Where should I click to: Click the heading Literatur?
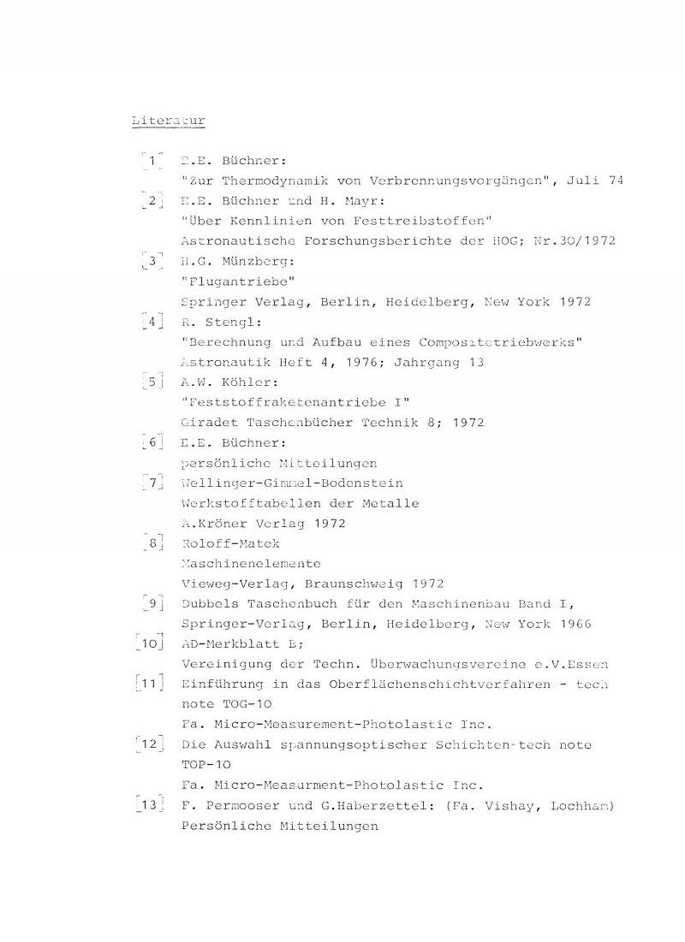(168, 121)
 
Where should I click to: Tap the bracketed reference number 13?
(149, 805)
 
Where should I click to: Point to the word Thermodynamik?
(273, 181)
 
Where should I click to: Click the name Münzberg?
(254, 261)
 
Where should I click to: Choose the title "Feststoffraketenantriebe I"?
(295, 402)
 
